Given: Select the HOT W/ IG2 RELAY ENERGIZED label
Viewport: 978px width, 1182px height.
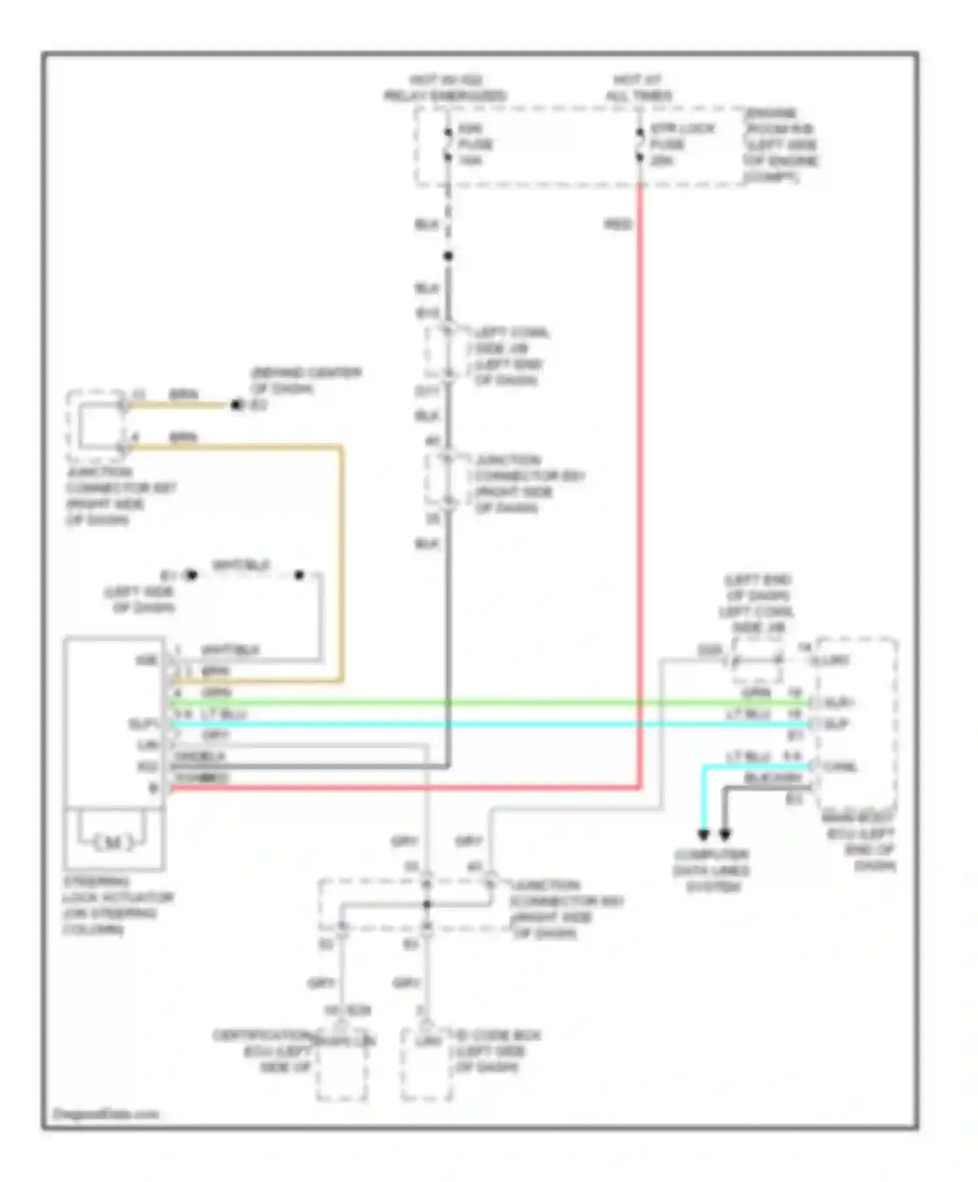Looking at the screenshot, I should coord(445,88).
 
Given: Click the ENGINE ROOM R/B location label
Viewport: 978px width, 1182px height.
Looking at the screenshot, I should coord(781,145).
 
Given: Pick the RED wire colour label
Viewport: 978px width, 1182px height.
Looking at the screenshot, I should coord(617,225).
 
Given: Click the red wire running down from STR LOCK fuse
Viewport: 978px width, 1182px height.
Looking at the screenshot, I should coord(640,456).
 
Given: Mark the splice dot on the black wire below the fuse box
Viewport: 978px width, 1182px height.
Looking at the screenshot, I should coord(448,256).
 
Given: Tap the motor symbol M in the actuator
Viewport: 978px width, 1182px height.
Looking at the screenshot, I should coord(113,843).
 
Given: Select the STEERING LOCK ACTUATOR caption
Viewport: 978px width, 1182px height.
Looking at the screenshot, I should coord(117,905).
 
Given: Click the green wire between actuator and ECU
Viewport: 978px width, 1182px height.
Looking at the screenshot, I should coord(489,702).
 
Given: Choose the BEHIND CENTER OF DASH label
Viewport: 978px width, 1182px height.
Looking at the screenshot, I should coord(306,381).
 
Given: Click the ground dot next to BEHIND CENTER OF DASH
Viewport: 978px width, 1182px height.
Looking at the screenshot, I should coord(237,405).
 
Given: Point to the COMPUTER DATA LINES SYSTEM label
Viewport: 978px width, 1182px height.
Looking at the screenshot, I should coord(711,871).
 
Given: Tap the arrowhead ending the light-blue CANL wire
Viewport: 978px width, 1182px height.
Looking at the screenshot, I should coord(703,835).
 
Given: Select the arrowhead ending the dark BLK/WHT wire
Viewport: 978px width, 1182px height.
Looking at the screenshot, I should coord(724,835).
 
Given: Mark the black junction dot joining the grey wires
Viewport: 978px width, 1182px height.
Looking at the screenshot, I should coord(426,904).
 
